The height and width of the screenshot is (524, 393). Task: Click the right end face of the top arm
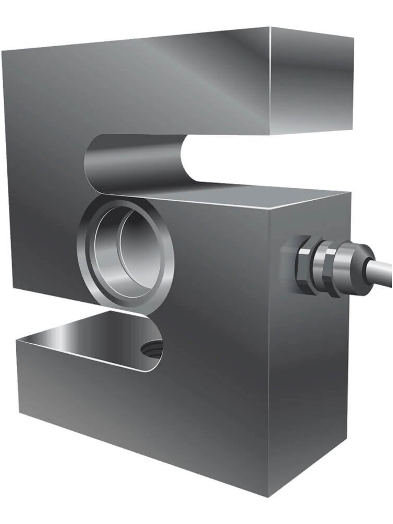311,81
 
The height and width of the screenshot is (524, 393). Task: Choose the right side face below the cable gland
309,377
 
